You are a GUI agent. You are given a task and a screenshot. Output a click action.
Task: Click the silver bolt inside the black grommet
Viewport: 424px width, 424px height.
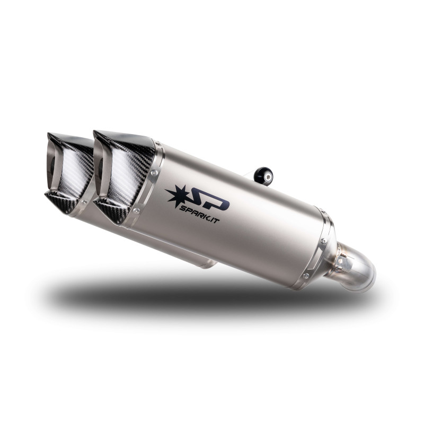coord(268,177)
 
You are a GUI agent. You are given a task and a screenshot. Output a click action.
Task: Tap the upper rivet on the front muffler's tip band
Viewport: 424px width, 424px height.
coord(154,172)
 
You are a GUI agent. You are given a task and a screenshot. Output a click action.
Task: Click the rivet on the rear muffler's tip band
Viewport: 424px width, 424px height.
coord(84,202)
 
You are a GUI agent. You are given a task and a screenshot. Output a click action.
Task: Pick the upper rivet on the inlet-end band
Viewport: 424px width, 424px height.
coord(323,241)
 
